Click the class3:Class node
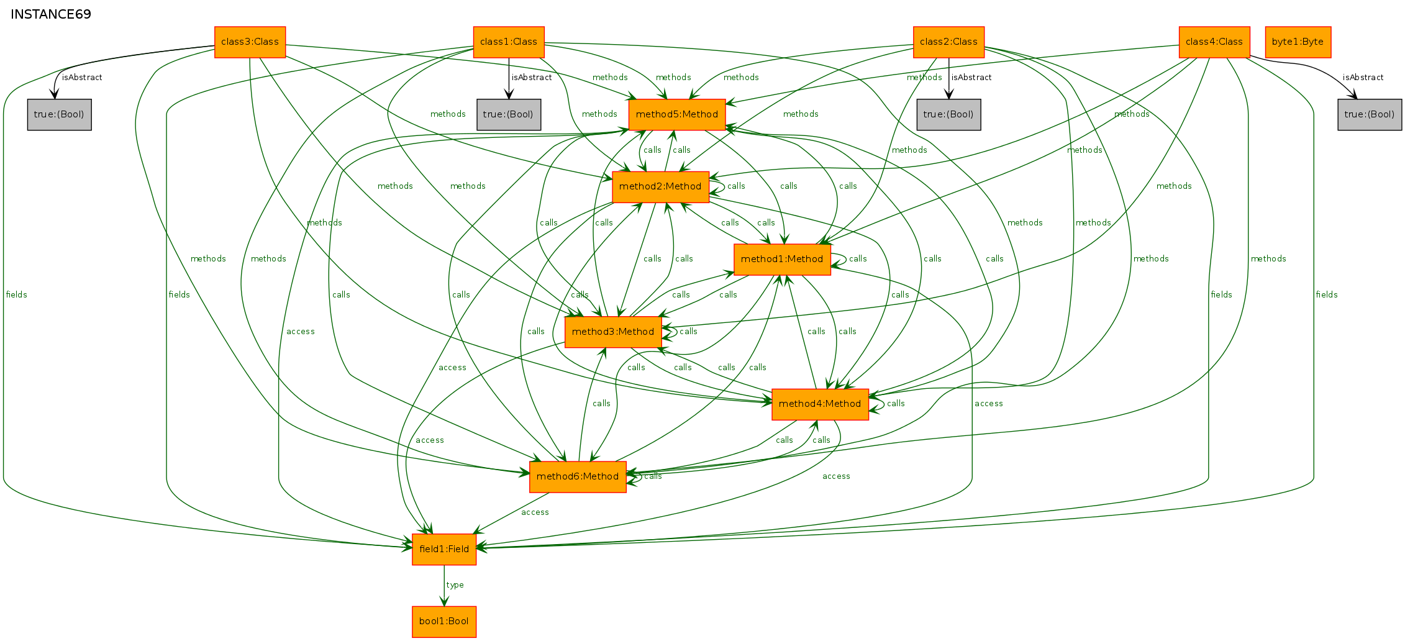pos(250,42)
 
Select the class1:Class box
pos(509,42)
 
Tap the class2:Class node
pos(948,42)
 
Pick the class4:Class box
pos(1214,42)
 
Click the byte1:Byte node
pos(1298,42)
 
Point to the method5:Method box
pos(677,115)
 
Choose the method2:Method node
pos(660,187)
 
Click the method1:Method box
pos(782,260)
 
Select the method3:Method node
pos(613,332)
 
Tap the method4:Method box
pos(820,404)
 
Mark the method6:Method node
pos(578,477)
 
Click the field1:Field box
pos(444,550)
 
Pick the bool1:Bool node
pos(444,622)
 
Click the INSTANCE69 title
pos(51,14)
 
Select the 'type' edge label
pos(455,585)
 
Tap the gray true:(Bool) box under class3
pos(60,115)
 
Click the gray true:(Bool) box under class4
pos(1370,115)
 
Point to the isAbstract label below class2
pos(971,78)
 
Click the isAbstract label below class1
pos(532,78)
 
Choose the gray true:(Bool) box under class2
pos(948,115)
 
